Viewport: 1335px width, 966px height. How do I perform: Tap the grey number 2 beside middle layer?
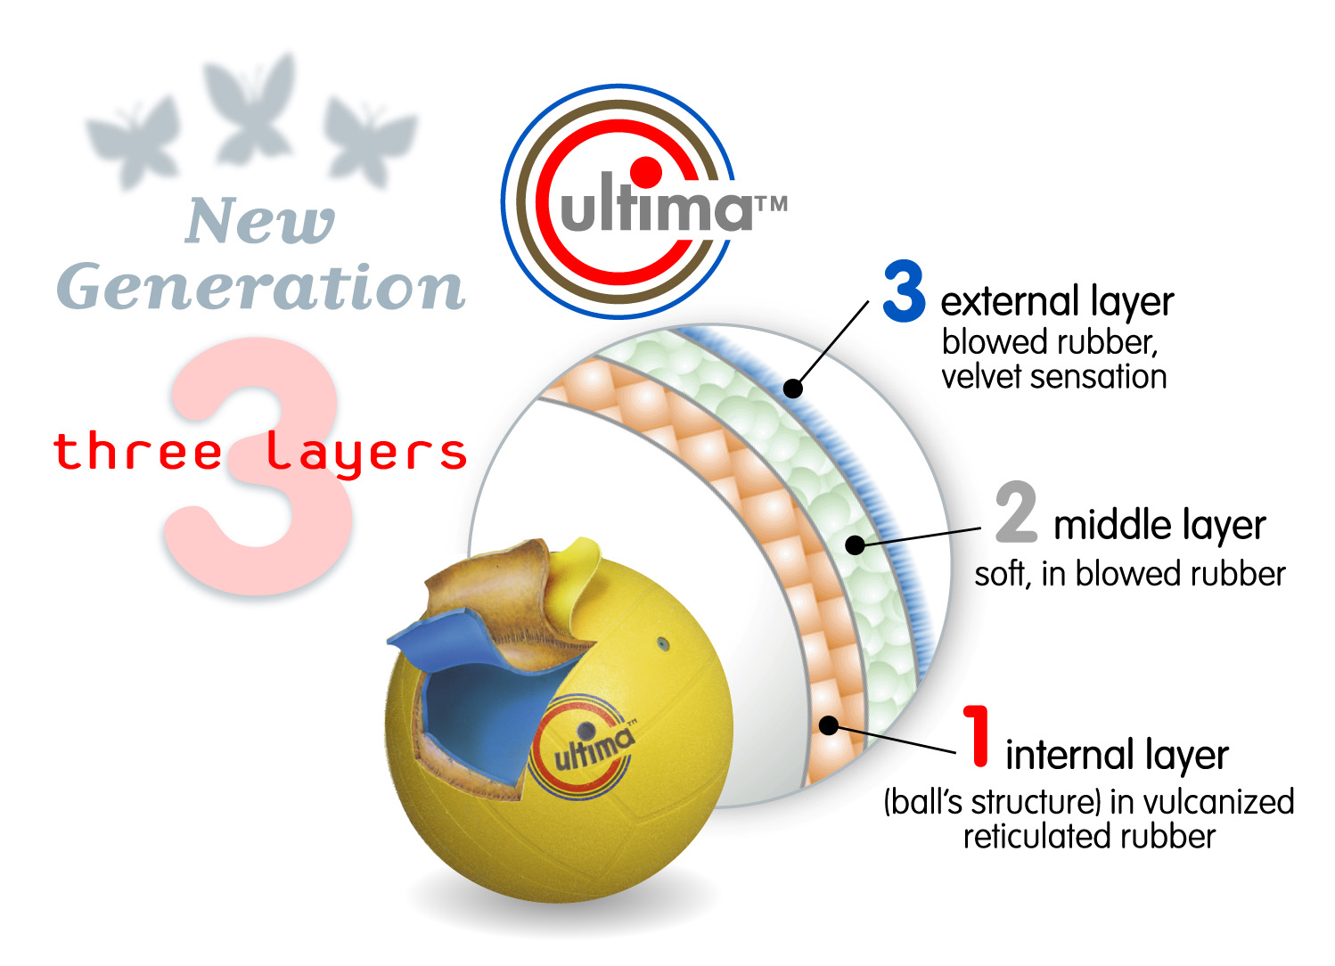coord(1017,512)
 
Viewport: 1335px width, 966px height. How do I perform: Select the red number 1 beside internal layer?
coord(979,736)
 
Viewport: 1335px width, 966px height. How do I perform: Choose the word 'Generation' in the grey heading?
coord(260,287)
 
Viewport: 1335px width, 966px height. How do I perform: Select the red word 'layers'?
coord(366,453)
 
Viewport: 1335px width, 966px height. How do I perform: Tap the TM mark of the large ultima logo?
coord(772,204)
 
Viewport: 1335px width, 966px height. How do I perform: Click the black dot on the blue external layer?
coord(792,388)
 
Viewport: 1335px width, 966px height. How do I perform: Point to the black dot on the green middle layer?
coord(855,544)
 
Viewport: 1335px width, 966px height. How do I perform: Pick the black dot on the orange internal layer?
coord(829,725)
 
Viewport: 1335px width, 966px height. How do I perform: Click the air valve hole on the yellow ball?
coord(662,643)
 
